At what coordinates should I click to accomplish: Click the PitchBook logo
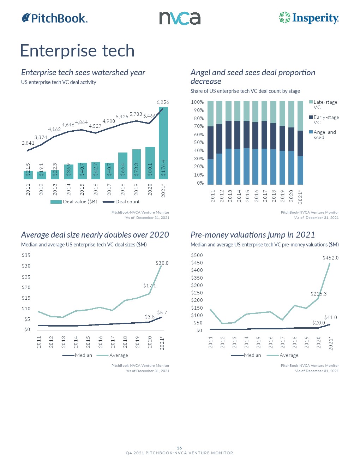click(x=55, y=18)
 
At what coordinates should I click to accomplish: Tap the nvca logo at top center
click(x=180, y=18)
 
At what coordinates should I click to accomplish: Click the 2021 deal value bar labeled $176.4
click(x=163, y=143)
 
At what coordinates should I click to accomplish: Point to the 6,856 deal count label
click(x=163, y=102)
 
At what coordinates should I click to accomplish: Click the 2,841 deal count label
click(x=28, y=143)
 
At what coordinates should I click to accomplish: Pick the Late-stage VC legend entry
click(x=325, y=104)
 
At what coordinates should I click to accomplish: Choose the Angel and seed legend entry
click(x=324, y=135)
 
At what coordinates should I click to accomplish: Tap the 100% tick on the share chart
click(x=197, y=102)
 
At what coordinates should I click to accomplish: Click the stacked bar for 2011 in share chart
click(x=210, y=143)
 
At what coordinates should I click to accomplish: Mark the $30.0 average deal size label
click(x=162, y=263)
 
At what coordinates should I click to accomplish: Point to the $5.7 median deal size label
click(x=162, y=312)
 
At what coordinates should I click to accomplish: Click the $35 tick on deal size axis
click(x=26, y=255)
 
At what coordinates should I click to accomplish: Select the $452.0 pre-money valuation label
click(x=330, y=258)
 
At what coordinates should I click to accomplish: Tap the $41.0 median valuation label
click(x=330, y=317)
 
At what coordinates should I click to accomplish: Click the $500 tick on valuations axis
click(x=197, y=255)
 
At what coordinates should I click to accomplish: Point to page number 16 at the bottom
click(x=179, y=448)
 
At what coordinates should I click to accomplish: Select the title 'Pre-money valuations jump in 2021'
click(x=253, y=235)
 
